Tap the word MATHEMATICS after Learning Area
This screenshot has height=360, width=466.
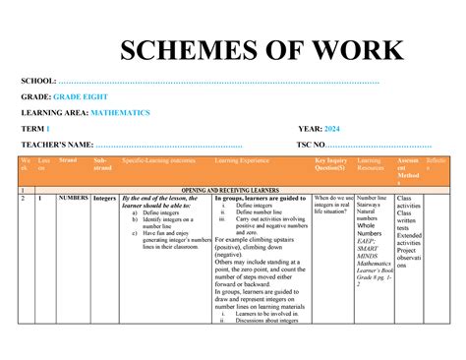click(x=117, y=114)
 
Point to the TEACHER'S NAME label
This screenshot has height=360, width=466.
click(x=57, y=146)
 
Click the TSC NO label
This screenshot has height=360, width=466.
click(x=318, y=146)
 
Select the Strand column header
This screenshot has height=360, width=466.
click(x=68, y=158)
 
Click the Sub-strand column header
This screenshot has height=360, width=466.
click(x=101, y=163)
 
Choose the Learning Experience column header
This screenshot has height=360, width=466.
click(x=241, y=158)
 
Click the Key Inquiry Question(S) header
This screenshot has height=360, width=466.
click(x=332, y=163)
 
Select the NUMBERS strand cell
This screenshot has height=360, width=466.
click(x=74, y=198)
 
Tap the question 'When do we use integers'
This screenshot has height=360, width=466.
click(x=333, y=202)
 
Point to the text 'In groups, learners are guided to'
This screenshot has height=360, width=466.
click(x=260, y=198)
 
